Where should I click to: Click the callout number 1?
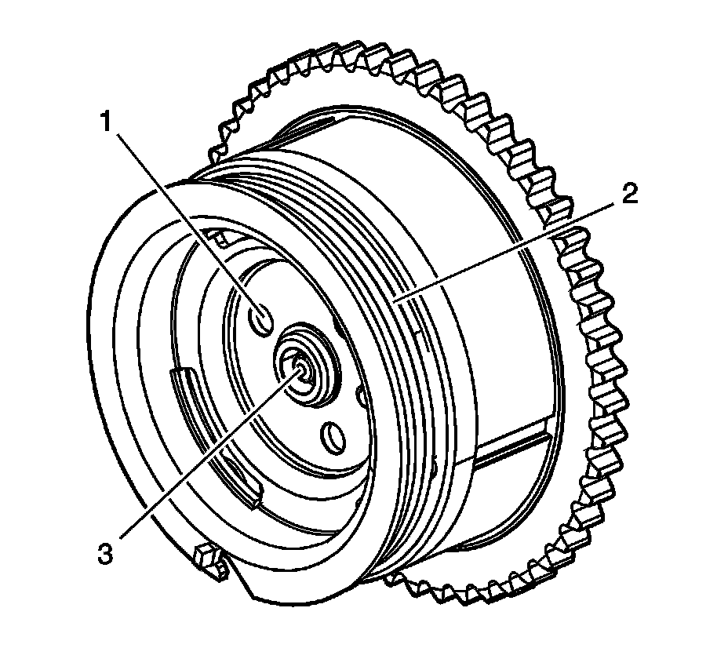click(x=108, y=123)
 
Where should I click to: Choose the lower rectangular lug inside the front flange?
click(x=249, y=490)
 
